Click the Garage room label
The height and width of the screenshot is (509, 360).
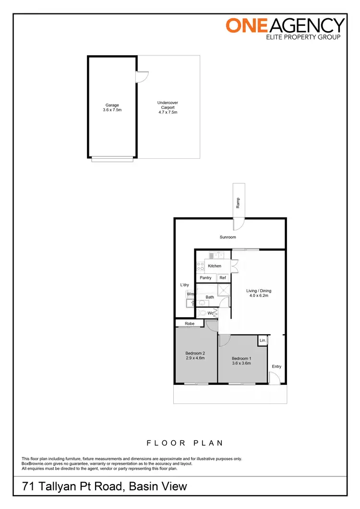coord(112,106)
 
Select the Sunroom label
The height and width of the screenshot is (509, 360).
coord(228,237)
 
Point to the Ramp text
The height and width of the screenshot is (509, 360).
coord(238,203)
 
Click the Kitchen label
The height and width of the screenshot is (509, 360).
coord(215,266)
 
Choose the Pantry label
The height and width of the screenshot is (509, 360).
coord(205,278)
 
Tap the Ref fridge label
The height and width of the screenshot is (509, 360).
coord(223,278)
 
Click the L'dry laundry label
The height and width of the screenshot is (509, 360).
coord(185,285)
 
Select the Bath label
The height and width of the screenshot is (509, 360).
coord(210,297)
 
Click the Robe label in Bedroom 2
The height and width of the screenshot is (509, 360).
coord(190,324)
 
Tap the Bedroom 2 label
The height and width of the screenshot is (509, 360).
coord(195,355)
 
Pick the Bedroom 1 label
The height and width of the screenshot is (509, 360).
coord(241,361)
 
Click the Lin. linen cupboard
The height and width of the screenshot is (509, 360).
coord(263,340)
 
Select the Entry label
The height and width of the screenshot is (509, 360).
coord(276,367)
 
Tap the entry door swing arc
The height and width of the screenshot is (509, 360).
coord(274,379)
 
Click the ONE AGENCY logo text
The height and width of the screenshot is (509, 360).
coord(286,25)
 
